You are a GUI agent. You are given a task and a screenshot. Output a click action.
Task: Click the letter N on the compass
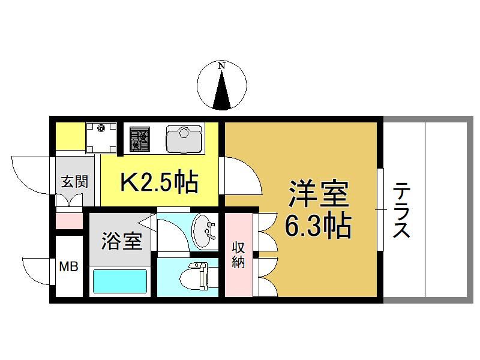(221, 65)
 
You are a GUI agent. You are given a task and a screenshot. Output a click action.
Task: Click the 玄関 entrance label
(74, 182)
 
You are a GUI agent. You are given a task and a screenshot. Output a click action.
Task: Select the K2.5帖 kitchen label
(159, 182)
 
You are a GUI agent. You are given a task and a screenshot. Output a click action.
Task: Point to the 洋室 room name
(319, 194)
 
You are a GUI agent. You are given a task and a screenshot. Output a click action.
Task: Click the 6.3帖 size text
(318, 227)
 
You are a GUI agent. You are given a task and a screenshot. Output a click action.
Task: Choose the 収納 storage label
(238, 254)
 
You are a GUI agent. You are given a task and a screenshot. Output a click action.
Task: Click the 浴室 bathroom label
(122, 241)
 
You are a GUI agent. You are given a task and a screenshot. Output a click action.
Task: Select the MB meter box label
(68, 266)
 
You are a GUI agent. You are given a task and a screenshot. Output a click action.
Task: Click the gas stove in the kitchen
(140, 139)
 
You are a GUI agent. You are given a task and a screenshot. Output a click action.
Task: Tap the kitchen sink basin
(184, 139)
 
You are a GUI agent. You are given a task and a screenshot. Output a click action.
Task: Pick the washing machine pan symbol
(101, 138)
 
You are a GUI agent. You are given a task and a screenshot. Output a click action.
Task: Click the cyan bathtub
(119, 281)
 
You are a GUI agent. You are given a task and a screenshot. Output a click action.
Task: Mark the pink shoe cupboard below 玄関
(69, 221)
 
